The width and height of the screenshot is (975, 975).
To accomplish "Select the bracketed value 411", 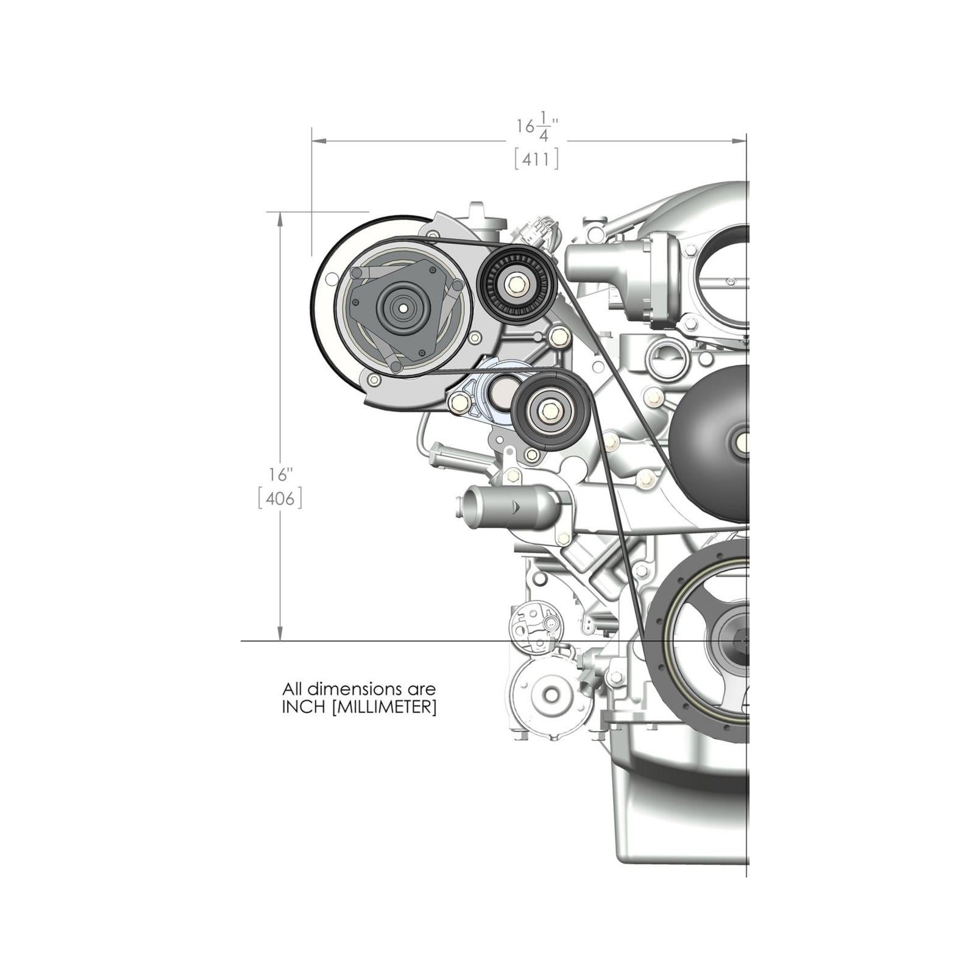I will click(536, 160).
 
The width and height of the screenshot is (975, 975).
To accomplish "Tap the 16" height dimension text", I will click(281, 474).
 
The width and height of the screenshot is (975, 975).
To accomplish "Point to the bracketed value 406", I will click(280, 499).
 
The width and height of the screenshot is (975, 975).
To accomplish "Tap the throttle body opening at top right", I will click(728, 274).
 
